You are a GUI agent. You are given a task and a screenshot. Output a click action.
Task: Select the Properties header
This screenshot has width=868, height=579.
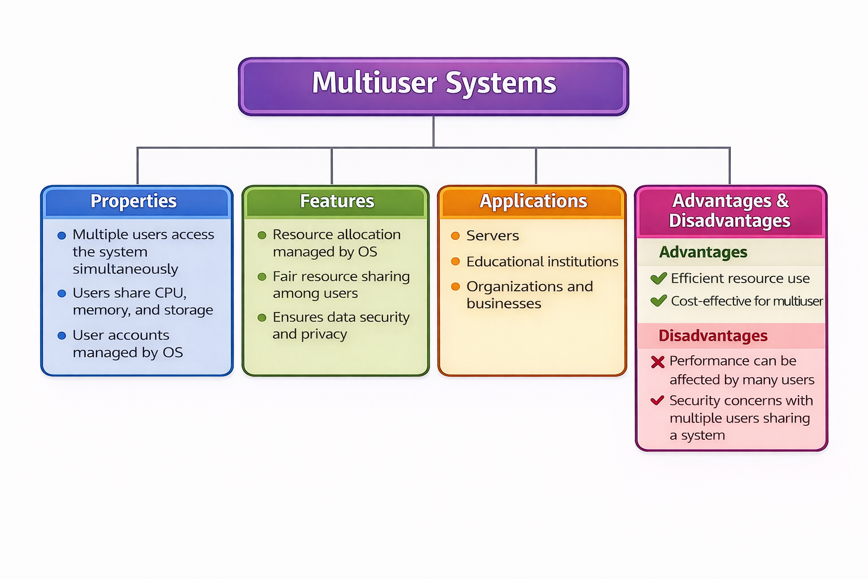134,201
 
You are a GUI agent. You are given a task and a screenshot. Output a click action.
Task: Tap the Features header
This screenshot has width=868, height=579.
337,201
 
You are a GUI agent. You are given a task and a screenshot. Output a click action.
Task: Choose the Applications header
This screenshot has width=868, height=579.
533,201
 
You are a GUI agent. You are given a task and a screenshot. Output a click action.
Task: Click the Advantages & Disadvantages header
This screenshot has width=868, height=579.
730,210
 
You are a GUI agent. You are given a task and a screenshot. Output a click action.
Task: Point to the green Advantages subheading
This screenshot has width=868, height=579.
703,252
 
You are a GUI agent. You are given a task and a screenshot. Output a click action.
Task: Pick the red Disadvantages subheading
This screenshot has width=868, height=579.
713,336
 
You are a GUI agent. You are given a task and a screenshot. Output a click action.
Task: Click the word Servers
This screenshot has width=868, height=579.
492,236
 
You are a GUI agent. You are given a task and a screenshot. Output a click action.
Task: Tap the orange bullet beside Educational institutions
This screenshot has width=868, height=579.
455,261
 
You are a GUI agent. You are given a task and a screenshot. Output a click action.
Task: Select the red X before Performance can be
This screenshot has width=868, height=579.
658,362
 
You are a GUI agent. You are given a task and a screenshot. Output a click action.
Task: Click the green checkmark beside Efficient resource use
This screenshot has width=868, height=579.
658,278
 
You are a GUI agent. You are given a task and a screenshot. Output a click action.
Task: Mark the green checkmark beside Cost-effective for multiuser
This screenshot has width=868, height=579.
658,301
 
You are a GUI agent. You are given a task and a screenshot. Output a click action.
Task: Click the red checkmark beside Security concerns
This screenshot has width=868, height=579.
657,401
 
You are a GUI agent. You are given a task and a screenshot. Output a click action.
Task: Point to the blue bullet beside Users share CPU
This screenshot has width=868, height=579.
62,293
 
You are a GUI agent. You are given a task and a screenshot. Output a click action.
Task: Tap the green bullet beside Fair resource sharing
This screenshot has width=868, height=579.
262,276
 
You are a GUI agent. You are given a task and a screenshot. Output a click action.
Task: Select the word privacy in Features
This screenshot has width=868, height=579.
324,335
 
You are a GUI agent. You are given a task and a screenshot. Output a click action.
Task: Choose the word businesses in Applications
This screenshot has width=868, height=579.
504,304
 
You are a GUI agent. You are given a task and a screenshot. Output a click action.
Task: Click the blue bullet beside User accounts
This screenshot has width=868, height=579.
62,336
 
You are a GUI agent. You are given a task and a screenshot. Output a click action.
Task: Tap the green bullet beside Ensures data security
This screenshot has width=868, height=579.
262,318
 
